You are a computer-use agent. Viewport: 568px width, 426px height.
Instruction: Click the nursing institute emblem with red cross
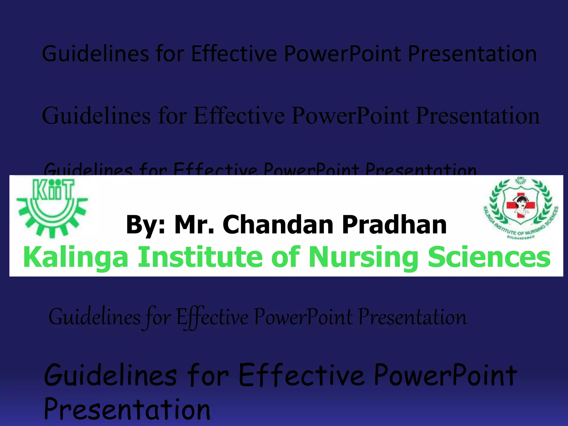[x=521, y=207]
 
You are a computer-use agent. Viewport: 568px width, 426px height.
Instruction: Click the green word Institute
[x=200, y=257]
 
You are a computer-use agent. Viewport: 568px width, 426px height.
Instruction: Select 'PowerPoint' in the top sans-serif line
[x=343, y=54]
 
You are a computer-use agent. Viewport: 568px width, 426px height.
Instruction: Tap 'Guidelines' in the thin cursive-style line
[x=94, y=318]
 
